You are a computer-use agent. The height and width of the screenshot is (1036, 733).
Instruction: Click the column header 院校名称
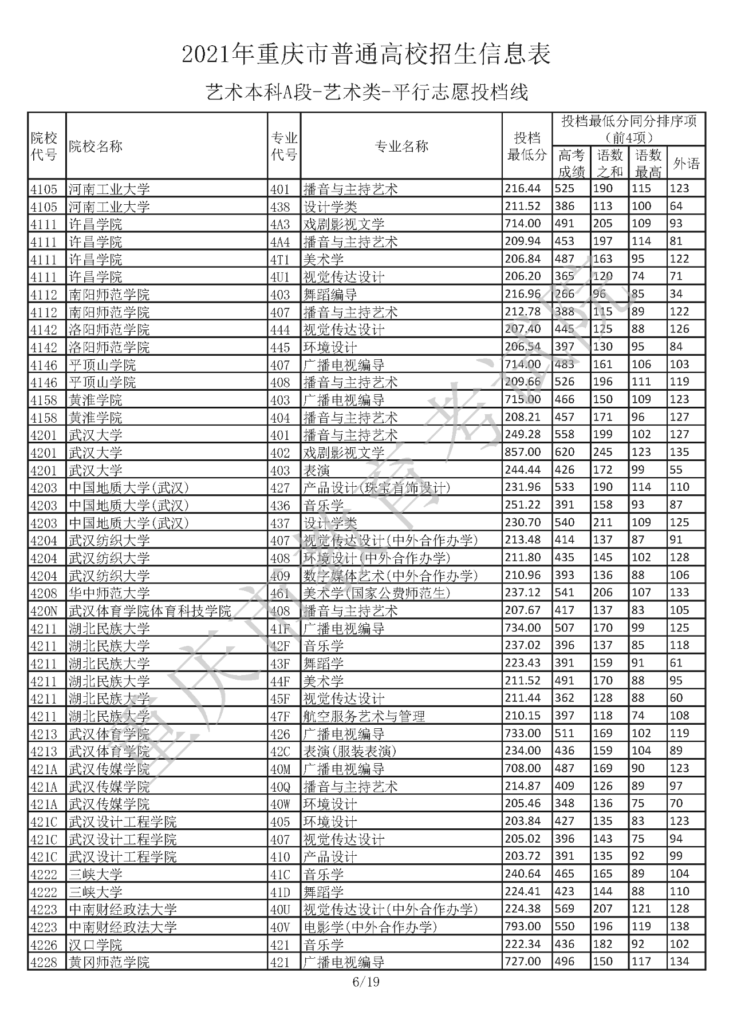pyautogui.click(x=96, y=146)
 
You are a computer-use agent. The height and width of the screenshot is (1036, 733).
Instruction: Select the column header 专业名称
pyautogui.click(x=401, y=146)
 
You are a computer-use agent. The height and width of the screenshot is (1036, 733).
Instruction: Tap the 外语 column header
pyautogui.click(x=686, y=164)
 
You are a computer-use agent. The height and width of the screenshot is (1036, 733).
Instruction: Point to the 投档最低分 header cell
pyautogui.click(x=527, y=146)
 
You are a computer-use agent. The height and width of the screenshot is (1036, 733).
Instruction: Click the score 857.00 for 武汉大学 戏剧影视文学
pyautogui.click(x=522, y=452)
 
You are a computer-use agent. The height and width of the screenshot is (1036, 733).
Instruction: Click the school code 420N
pyautogui.click(x=44, y=610)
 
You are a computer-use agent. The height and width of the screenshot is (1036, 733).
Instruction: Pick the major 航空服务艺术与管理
pyautogui.click(x=364, y=716)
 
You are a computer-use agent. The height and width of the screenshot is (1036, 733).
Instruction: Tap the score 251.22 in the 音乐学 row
pyautogui.click(x=522, y=505)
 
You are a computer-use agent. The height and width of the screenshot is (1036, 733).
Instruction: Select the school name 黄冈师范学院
pyautogui.click(x=109, y=962)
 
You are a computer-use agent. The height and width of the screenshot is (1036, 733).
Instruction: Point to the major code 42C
pyautogui.click(x=281, y=751)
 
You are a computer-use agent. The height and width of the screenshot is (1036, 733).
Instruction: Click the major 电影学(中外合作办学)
pyautogui.click(x=370, y=927)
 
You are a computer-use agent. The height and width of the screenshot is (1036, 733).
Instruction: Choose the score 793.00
pyautogui.click(x=522, y=927)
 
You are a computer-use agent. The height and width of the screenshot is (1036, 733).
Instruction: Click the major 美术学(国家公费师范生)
pyautogui.click(x=377, y=593)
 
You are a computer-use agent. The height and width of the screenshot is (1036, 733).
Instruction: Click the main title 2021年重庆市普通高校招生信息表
pyautogui.click(x=366, y=54)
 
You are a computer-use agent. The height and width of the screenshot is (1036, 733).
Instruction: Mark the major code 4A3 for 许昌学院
pyautogui.click(x=280, y=224)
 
